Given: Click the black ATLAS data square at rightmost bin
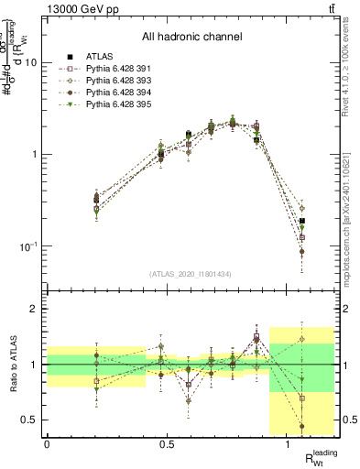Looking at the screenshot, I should click(x=302, y=221).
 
